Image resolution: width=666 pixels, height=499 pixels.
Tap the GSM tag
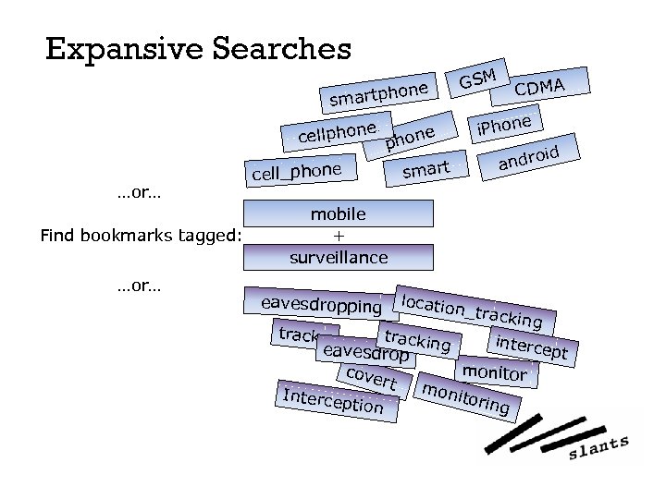point(480,79)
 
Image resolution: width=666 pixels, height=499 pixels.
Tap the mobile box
point(338,214)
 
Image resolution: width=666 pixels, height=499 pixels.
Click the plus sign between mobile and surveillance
point(338,236)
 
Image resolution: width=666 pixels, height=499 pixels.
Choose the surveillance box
point(338,257)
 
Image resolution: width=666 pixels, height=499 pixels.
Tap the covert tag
point(369,377)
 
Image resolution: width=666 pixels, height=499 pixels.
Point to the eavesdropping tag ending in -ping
point(321,304)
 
